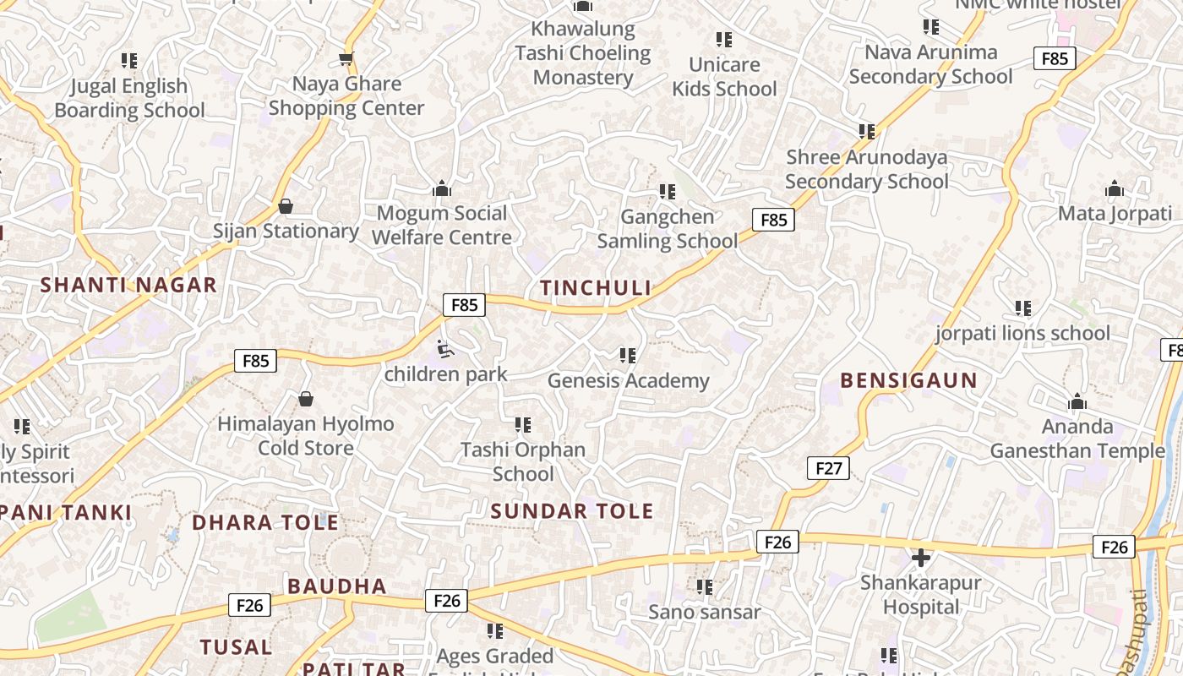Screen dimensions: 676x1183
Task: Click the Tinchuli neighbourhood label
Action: [596, 288]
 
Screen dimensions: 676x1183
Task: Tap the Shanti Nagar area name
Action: [128, 285]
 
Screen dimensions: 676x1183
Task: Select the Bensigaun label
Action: [908, 380]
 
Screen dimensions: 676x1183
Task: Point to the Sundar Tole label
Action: [572, 510]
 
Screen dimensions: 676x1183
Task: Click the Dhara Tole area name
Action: [265, 522]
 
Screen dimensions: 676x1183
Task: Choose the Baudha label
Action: [336, 586]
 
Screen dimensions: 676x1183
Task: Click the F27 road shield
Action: [827, 468]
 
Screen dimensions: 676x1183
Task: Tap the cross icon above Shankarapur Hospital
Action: [921, 558]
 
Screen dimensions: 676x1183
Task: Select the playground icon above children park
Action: [444, 348]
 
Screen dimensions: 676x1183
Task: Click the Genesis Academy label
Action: [628, 380]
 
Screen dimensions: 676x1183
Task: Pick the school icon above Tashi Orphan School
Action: [523, 424]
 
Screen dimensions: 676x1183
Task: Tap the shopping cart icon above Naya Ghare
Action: [346, 58]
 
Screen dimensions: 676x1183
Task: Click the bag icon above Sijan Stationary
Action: [286, 206]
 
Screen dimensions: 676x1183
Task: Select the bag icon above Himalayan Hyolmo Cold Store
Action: [306, 398]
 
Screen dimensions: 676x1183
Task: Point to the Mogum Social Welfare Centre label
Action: [441, 225]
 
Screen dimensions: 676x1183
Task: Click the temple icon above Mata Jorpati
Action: [1115, 188]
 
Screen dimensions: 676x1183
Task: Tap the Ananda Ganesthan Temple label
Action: [1077, 439]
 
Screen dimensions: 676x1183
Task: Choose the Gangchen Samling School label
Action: [668, 229]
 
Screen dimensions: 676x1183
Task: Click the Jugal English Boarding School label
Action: [129, 98]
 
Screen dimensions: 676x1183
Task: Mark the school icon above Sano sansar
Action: [704, 586]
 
